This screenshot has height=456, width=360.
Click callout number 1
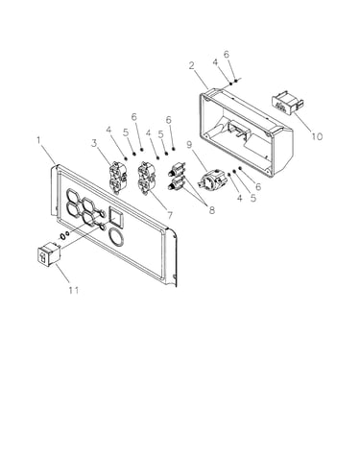point(38,140)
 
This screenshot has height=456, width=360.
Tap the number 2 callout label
point(191,65)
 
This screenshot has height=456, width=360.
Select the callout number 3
point(94,143)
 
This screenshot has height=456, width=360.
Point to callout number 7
point(170,215)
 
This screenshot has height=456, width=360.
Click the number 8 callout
point(211,210)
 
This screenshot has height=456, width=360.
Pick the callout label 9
point(189,145)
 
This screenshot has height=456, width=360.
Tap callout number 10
point(317,136)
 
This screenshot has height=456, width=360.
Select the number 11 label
point(73,290)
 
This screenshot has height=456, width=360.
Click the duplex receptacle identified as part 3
point(117,177)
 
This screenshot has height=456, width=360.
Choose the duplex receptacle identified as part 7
point(146,178)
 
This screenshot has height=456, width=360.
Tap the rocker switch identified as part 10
point(287,103)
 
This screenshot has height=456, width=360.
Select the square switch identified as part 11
point(49,254)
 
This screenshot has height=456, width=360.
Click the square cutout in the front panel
point(116,216)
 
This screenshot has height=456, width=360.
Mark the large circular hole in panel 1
point(117,238)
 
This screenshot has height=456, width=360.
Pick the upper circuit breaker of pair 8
point(177,169)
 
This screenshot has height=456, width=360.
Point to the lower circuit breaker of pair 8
point(177,183)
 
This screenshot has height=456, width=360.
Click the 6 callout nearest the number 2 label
point(227,55)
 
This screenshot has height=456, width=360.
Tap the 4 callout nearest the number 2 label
point(216,62)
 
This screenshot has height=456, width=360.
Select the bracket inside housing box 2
point(238,129)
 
